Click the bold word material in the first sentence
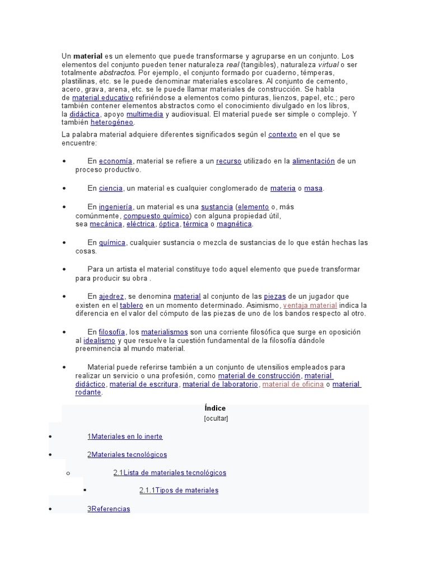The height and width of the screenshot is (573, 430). [88, 57]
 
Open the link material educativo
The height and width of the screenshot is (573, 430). [102, 97]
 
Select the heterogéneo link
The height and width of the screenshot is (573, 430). [116, 122]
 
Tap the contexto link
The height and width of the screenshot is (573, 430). [283, 135]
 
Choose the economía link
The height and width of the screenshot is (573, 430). [116, 161]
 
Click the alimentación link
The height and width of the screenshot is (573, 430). [313, 161]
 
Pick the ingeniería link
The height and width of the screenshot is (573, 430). [116, 207]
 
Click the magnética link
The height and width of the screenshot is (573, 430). [235, 224]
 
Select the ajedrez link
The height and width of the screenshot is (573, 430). [111, 297]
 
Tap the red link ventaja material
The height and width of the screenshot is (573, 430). [310, 306]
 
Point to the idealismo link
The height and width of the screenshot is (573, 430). [99, 340]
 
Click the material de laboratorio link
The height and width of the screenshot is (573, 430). [220, 384]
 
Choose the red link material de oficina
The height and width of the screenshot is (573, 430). [293, 384]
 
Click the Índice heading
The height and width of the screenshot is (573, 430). [215, 408]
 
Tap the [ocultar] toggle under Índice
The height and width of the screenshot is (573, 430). [216, 418]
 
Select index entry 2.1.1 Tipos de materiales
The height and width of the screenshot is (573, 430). [179, 491]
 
